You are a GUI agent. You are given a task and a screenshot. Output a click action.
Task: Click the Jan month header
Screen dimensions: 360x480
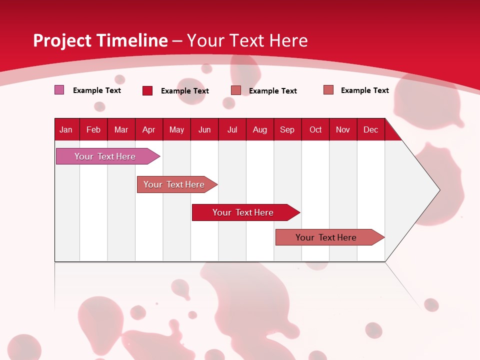click(66, 129)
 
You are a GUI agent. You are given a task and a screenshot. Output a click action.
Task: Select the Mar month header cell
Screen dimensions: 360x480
click(121, 129)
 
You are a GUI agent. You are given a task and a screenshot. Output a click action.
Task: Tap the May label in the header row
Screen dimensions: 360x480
click(176, 129)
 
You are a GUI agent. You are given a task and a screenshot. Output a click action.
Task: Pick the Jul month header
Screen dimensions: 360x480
click(232, 129)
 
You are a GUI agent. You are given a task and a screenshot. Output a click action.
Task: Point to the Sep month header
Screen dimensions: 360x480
click(287, 129)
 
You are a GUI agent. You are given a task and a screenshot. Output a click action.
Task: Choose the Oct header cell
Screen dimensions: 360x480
click(315, 129)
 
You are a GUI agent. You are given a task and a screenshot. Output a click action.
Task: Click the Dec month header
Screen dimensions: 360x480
click(370, 129)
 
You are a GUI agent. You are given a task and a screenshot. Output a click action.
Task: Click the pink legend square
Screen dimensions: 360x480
click(59, 90)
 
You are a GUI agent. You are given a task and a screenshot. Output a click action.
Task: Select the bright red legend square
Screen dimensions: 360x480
click(147, 90)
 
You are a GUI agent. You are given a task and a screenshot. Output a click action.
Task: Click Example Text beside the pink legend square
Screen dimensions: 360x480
click(97, 90)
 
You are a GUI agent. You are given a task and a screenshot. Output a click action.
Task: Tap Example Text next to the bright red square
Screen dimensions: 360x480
click(185, 91)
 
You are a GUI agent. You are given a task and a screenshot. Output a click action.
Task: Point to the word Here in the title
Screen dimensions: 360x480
click(288, 40)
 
